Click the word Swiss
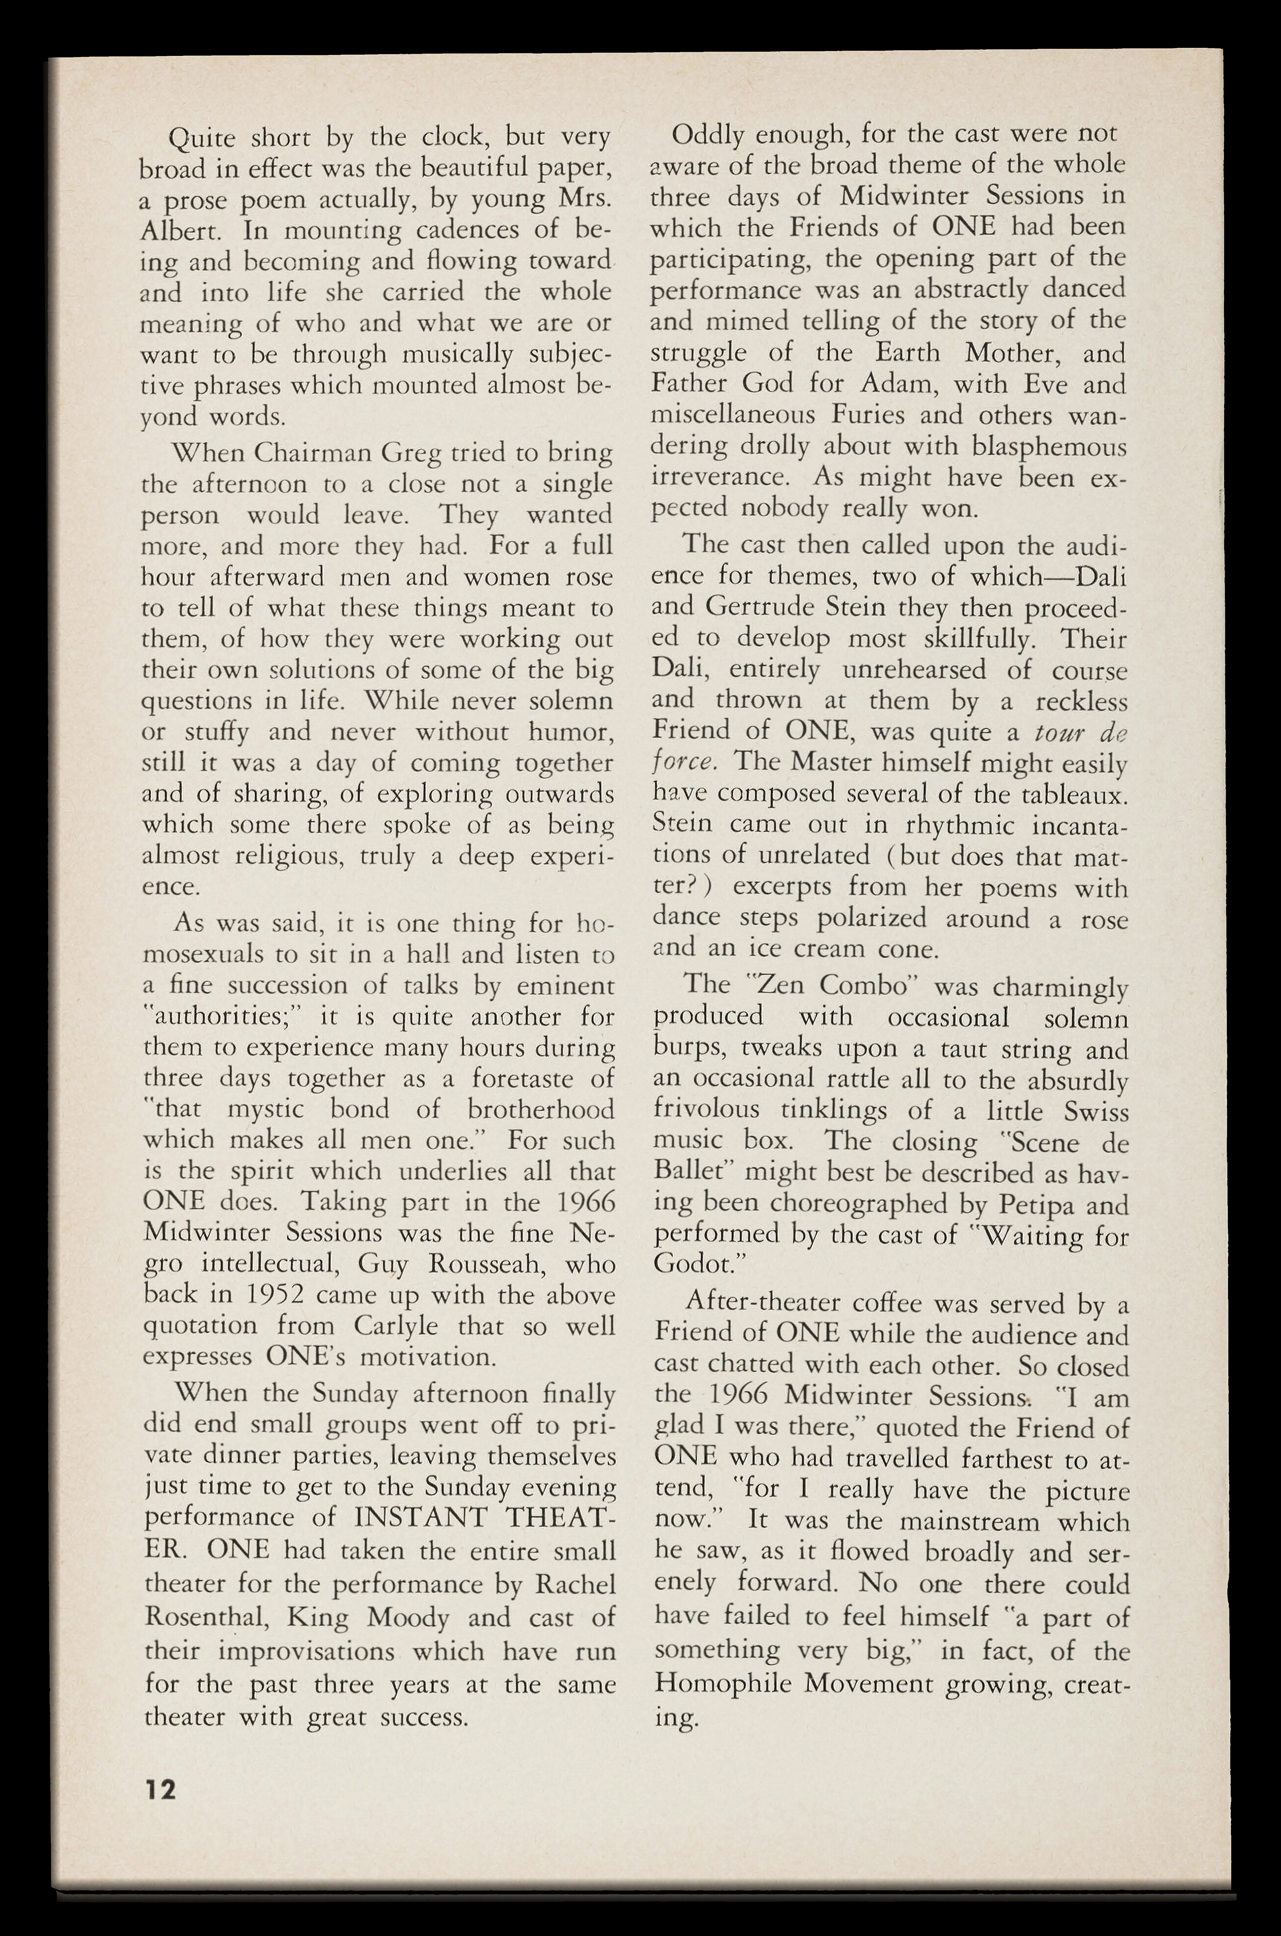click(1095, 1112)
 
